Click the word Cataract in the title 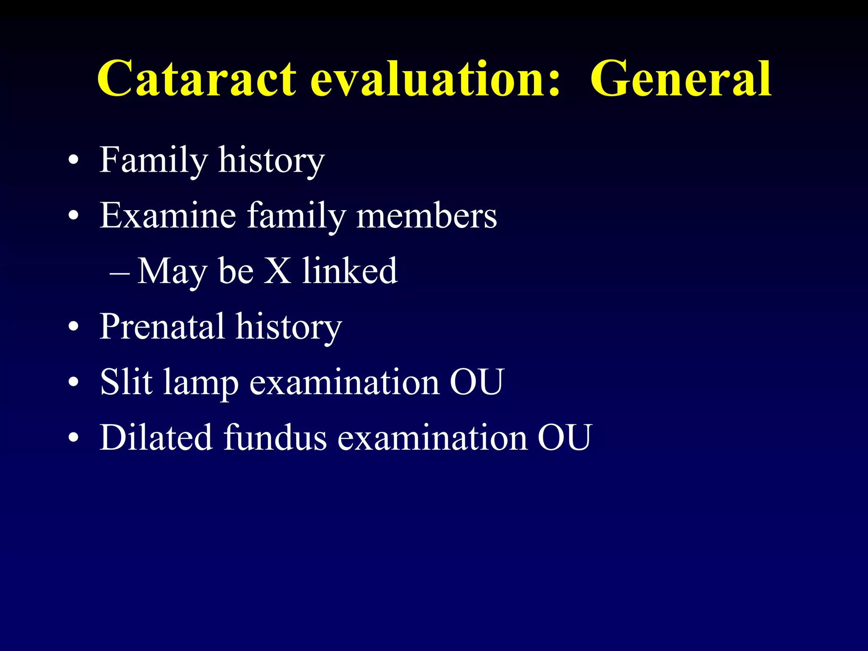click(x=197, y=79)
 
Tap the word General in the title click(x=681, y=79)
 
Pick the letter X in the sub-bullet click(x=278, y=271)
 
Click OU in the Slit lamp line click(x=476, y=382)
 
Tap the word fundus click(x=275, y=437)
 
